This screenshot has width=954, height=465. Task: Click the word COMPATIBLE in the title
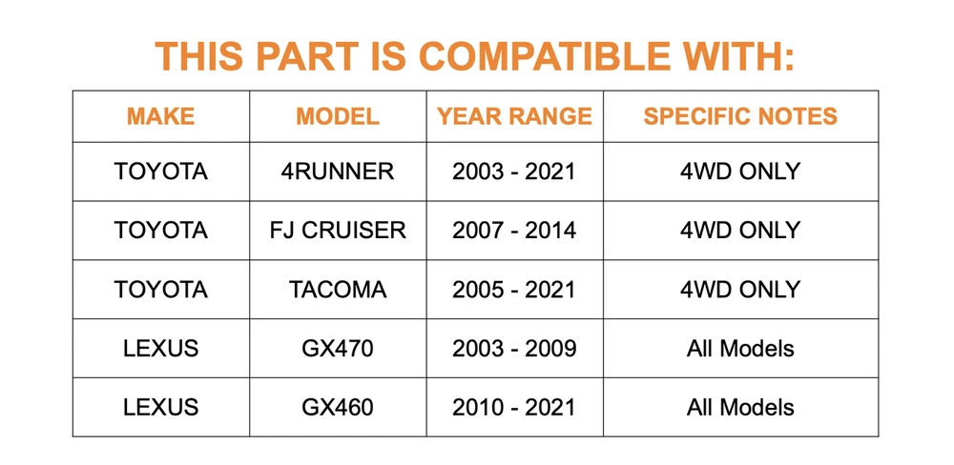pos(546,56)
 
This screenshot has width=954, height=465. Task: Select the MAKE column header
pos(160,116)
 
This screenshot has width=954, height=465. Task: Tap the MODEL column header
pos(338,116)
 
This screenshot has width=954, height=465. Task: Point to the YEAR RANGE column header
pos(515,116)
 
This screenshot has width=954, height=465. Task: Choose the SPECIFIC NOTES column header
pos(740,116)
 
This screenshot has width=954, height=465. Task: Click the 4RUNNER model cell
pos(338,172)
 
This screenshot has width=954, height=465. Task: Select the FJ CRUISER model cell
pos(338,231)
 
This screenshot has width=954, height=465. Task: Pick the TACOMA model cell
pos(338,290)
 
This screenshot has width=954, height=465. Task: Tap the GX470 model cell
pos(338,349)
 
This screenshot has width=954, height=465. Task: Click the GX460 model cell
pos(338,407)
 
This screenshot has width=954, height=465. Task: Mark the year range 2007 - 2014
pos(515,231)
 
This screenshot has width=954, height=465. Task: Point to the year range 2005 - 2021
pos(515,290)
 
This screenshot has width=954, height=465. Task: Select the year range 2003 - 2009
pos(515,349)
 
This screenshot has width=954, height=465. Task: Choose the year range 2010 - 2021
pos(515,407)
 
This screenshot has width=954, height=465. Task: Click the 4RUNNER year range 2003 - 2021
pos(515,172)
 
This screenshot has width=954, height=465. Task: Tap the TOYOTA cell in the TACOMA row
pos(160,290)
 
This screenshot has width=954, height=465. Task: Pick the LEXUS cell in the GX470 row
pos(160,349)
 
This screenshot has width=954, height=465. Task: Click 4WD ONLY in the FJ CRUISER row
pos(740,231)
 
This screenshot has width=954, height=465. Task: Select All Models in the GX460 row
pos(740,407)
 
